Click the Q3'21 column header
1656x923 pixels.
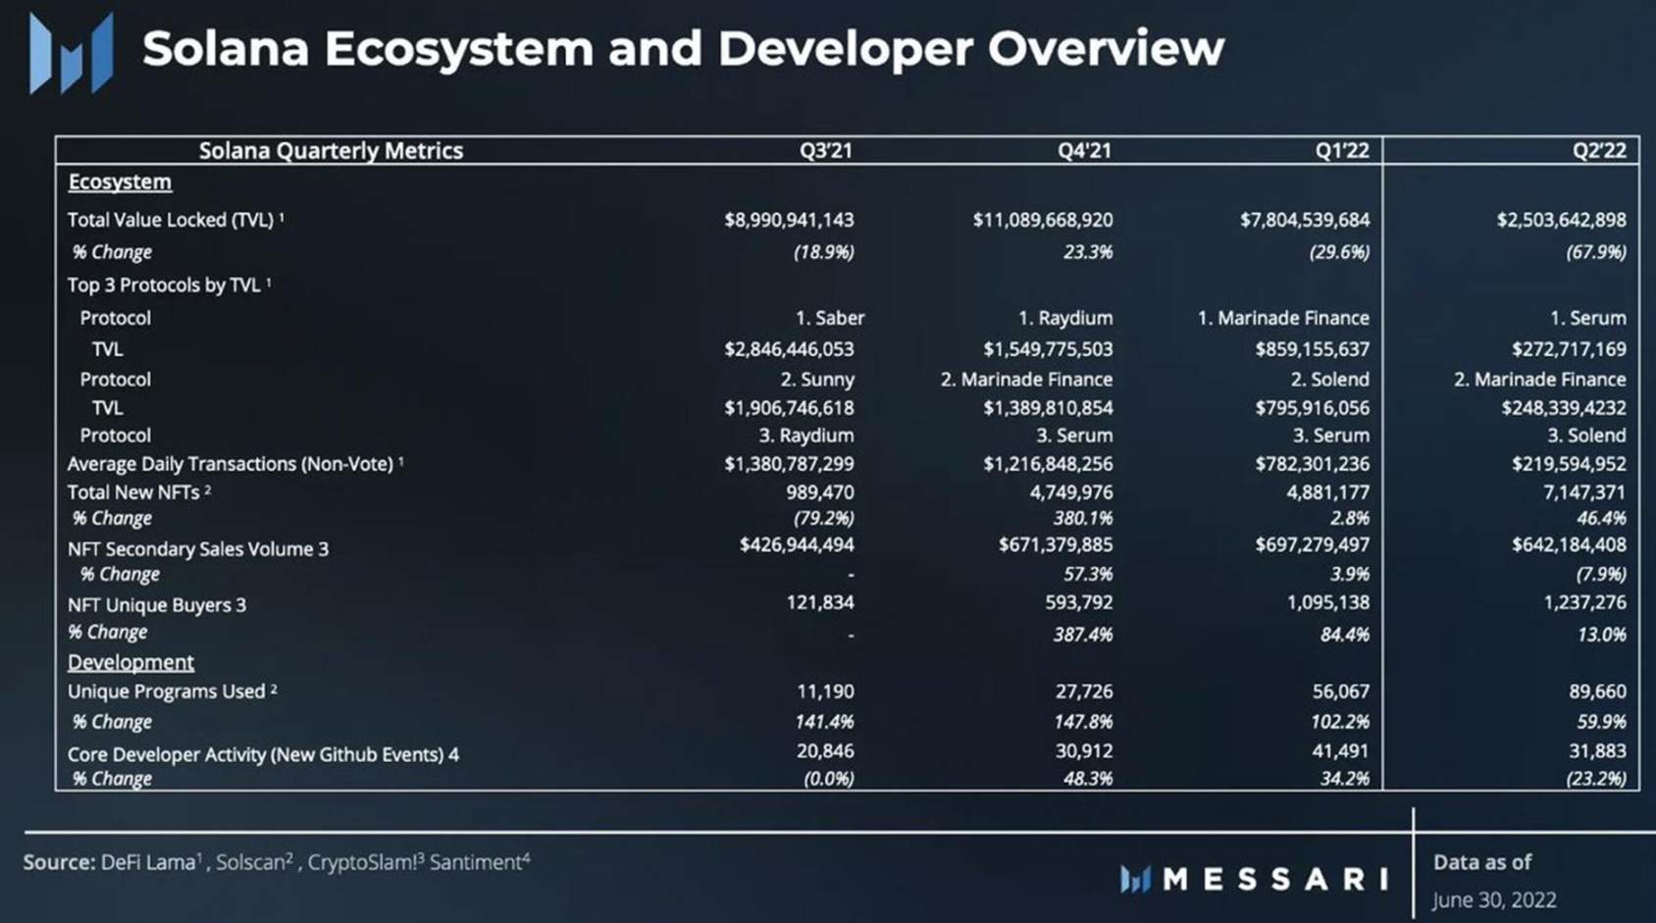825,150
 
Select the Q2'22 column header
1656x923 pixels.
1598,150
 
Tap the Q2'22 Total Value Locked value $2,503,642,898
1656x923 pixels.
1560,220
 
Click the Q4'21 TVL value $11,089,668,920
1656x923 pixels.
1042,220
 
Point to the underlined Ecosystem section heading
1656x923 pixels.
120,182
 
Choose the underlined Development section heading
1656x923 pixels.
130,662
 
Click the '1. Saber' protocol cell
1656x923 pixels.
829,318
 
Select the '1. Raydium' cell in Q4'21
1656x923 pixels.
1064,318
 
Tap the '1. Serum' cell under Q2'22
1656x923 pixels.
1587,318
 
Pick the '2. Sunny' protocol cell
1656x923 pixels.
816,380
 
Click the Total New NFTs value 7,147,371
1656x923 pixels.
1583,492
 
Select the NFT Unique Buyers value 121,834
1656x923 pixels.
819,602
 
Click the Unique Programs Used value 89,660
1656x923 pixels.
1596,692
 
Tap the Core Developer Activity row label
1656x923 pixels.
263,754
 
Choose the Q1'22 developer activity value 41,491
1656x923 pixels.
1340,751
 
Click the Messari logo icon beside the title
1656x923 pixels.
71,54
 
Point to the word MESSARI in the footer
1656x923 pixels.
1274,879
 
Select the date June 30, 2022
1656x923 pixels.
1493,899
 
